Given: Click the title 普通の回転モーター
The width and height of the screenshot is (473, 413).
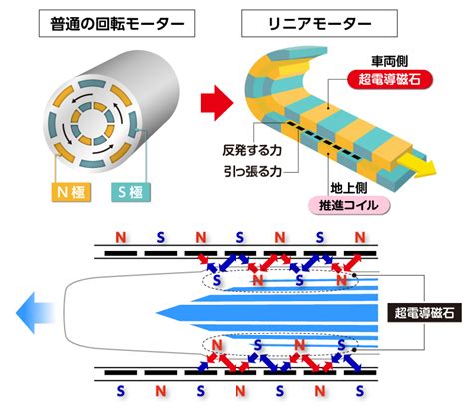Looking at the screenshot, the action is click(x=117, y=23).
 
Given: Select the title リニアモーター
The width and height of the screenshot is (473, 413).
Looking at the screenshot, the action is click(x=319, y=23).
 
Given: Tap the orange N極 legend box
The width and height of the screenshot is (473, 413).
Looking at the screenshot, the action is click(x=71, y=192).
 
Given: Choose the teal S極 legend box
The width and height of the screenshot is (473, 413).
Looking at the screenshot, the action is click(x=130, y=192).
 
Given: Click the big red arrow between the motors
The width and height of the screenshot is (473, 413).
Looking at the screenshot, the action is click(x=217, y=103).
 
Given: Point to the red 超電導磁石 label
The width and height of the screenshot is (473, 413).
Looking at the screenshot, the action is click(x=390, y=80).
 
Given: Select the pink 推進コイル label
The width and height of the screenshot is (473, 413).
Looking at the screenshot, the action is click(x=349, y=206).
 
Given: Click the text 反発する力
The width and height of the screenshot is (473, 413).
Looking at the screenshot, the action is click(x=252, y=151).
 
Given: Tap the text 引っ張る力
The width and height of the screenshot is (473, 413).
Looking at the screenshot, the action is click(x=252, y=172).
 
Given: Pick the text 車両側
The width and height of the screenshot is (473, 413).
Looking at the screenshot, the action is click(x=389, y=62).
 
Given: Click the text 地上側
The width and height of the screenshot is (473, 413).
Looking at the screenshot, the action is click(x=349, y=188).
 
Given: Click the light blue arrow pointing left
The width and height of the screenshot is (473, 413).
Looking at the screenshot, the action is click(x=35, y=313).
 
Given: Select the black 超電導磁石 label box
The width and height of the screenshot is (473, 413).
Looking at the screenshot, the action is click(x=425, y=313).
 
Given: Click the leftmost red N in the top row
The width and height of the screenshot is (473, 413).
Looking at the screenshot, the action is click(x=121, y=237).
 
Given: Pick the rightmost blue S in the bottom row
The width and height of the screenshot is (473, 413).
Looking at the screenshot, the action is click(x=360, y=391).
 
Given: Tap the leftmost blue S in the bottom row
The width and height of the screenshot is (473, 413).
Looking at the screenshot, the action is click(x=121, y=391).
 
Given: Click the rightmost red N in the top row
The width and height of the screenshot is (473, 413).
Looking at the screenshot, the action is click(x=360, y=237).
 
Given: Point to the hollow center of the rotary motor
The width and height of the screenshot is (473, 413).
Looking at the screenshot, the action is click(x=92, y=123).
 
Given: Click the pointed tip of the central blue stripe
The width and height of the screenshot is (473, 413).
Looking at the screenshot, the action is click(x=157, y=313).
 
